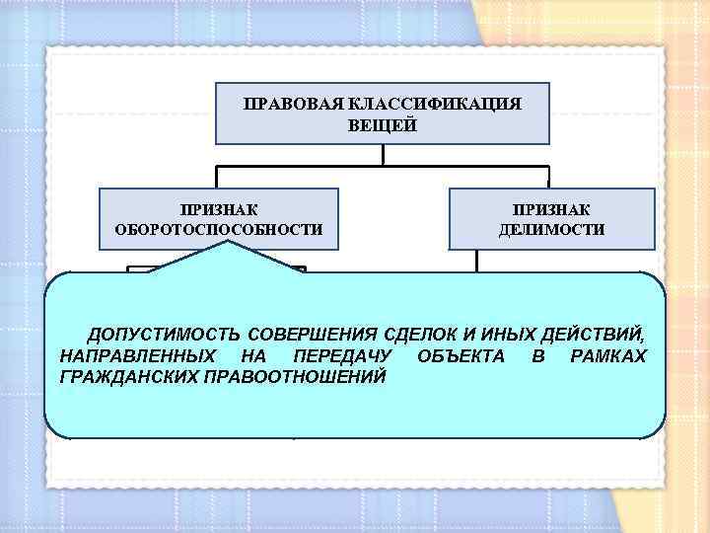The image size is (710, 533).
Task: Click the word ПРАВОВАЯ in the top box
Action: (x=285, y=103)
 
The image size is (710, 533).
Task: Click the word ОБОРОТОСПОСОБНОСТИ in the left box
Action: (x=219, y=230)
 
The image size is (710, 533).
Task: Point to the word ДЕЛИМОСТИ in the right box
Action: (x=552, y=230)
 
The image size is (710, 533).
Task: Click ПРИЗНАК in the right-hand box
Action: (x=552, y=208)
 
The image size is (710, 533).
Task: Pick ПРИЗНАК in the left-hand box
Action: (x=219, y=208)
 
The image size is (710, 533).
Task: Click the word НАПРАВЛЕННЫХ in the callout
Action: (x=133, y=354)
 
